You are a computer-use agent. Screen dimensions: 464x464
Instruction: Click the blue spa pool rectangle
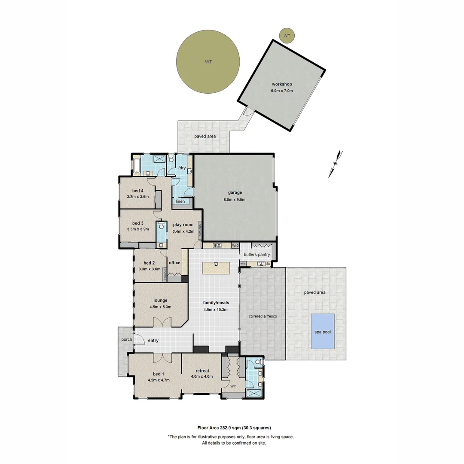[x=322, y=331]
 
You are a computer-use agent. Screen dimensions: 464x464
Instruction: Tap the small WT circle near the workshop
[x=287, y=36]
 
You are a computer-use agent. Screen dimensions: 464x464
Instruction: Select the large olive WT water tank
[x=208, y=61]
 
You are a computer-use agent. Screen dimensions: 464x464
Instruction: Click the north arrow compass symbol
[x=336, y=163]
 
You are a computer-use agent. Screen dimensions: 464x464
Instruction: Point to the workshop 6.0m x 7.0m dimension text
[x=282, y=91]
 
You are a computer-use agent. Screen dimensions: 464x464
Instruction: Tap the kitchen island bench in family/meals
[x=216, y=268]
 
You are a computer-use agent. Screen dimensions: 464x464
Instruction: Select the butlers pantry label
[x=257, y=254]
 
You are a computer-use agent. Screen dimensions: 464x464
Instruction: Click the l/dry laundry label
[x=181, y=168]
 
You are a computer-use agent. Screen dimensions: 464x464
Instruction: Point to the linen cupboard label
[x=180, y=201]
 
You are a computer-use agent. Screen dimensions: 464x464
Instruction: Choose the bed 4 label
[x=137, y=191]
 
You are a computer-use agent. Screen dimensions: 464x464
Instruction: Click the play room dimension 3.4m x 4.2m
[x=183, y=232]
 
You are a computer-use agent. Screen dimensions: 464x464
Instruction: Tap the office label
[x=174, y=263]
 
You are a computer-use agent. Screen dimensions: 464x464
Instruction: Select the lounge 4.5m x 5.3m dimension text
[x=160, y=307]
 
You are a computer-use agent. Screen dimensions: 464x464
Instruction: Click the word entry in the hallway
[x=153, y=341]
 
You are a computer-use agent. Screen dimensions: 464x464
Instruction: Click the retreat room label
[x=202, y=371]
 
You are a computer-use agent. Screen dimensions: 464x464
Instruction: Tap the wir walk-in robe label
[x=233, y=386]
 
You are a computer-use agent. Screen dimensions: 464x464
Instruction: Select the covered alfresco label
[x=263, y=316]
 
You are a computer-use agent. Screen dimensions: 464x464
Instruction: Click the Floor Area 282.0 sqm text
[x=234, y=427]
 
